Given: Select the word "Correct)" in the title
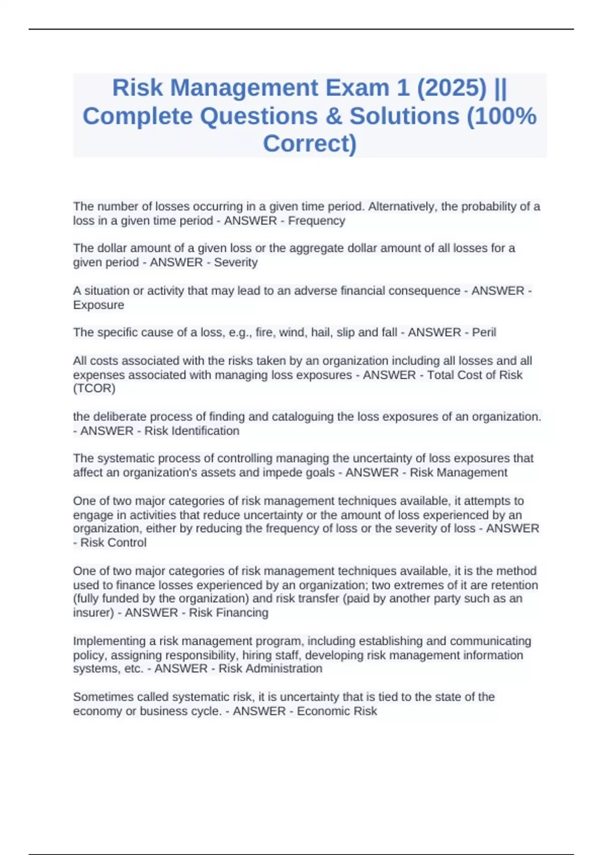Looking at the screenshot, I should pos(310,143).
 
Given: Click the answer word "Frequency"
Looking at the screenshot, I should pos(317,221).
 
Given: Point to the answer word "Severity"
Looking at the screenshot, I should pos(236,263).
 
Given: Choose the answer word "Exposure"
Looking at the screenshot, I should pos(98,305).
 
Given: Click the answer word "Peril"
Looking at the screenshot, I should pos(484,332).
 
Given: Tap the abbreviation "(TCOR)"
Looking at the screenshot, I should pos(94,388).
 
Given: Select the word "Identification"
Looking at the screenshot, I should pos(206,431).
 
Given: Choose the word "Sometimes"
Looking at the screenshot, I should pos(100,697).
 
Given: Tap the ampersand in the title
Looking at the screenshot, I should pos(333,116).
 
